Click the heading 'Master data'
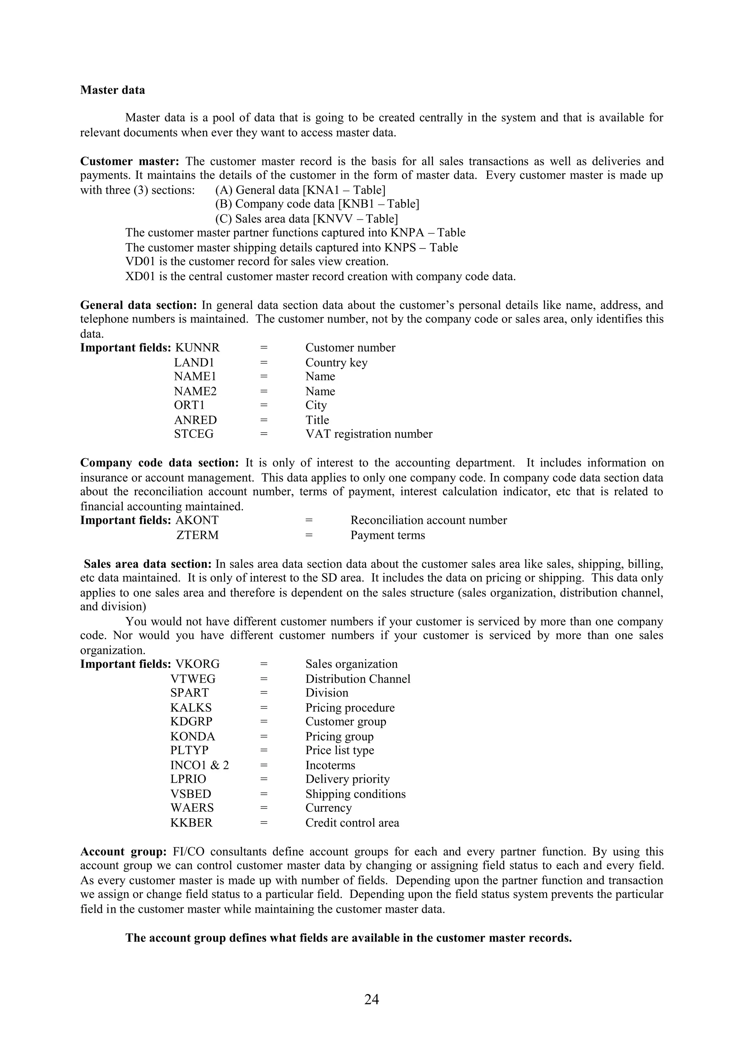112,90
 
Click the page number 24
371,999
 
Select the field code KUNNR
198,348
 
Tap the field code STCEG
194,434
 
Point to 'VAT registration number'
368,434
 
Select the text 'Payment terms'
387,535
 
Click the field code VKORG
198,664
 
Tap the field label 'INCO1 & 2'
199,765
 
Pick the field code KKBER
191,823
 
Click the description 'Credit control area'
352,823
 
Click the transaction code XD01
140,277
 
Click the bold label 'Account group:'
123,852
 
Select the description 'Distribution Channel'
358,679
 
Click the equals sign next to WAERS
263,808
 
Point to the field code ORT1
189,405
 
